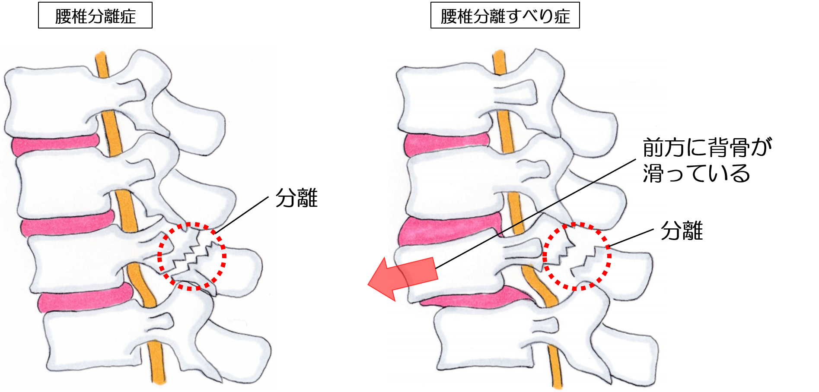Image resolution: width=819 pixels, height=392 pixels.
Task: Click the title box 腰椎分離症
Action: [95, 16]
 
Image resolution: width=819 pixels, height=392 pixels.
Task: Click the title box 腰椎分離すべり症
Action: [505, 16]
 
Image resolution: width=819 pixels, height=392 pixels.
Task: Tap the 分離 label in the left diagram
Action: [296, 198]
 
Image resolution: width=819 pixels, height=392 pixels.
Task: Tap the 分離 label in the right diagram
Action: [682, 231]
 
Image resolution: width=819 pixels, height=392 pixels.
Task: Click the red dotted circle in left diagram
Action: [192, 224]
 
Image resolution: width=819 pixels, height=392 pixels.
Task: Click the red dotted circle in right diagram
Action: [577, 224]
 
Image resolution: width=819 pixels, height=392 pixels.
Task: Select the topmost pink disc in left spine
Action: [55, 146]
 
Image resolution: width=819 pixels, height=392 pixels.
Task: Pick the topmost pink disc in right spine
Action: [447, 145]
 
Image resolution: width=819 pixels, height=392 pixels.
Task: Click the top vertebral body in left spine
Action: [52, 101]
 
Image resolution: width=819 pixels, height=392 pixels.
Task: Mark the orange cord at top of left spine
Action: [102, 65]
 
